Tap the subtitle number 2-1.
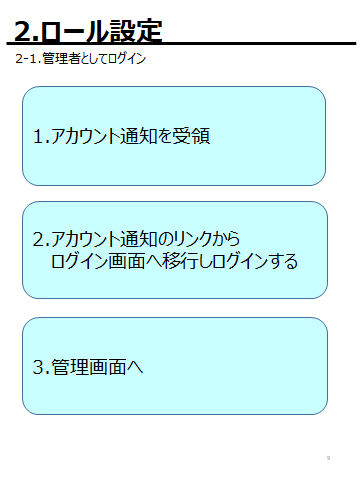pos(28,59)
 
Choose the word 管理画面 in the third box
pos(92,367)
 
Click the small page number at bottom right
pos(328,457)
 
